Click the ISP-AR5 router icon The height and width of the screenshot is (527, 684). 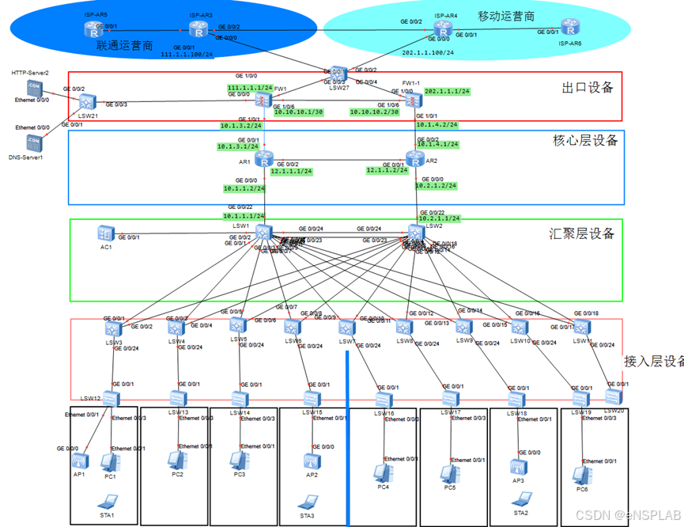click(93, 30)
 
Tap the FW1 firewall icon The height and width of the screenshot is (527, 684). click(263, 100)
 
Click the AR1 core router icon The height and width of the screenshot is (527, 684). click(263, 158)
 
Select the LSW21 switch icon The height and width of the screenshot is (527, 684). click(87, 101)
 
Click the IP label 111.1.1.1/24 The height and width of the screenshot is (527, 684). click(250, 87)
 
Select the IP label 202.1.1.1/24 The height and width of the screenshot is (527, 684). click(447, 91)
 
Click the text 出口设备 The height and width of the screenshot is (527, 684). click(588, 87)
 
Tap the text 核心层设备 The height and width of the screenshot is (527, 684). click(584, 141)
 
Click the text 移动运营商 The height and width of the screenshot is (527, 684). click(506, 16)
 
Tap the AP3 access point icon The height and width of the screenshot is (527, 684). click(518, 467)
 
